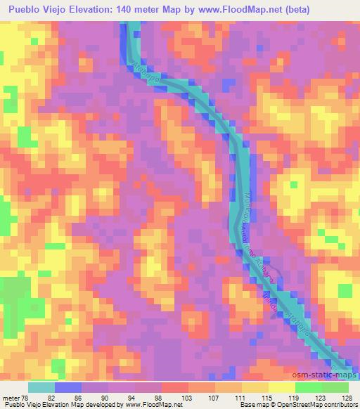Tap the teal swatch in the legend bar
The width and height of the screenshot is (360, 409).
pos(41,387)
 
